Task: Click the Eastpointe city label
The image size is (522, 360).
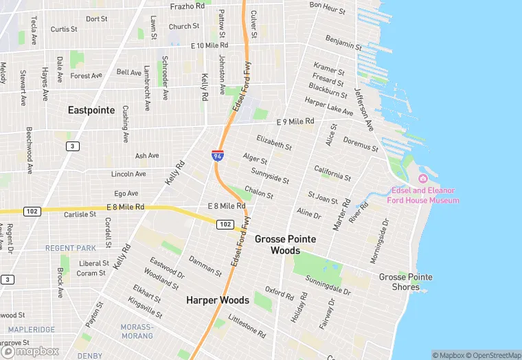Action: (x=91, y=110)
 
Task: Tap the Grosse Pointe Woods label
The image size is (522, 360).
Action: (x=286, y=245)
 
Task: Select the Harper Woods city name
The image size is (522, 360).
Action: (x=218, y=300)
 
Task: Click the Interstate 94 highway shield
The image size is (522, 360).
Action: (x=217, y=156)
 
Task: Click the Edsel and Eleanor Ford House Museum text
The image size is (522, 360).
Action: (x=425, y=195)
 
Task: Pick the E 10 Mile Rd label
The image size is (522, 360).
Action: (x=209, y=45)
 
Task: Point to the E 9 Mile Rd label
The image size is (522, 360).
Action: (x=294, y=122)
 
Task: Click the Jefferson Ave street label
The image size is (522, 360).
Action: (x=363, y=109)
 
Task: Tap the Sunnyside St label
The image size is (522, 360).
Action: (x=270, y=175)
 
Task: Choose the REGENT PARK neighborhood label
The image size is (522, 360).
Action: (x=71, y=248)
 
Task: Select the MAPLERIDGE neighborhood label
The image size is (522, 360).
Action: (x=27, y=330)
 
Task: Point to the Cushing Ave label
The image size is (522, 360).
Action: (x=125, y=124)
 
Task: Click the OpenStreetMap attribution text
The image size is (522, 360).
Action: (x=493, y=355)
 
